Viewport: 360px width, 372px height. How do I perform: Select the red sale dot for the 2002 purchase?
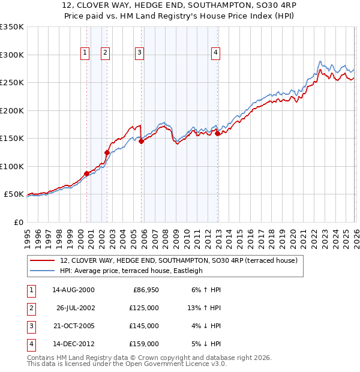[107, 152]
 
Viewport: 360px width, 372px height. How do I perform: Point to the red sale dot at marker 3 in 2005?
[142, 142]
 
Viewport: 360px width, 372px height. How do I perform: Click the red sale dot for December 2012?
[217, 133]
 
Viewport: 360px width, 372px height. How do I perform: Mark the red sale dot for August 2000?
[86, 173]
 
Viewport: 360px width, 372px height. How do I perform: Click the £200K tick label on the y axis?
[11, 110]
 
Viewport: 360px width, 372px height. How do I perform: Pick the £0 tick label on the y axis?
[19, 222]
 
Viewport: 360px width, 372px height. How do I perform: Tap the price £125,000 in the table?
[144, 307]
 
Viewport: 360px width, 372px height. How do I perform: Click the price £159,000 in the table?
[144, 344]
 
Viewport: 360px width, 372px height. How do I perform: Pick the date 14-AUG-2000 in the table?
[73, 289]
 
